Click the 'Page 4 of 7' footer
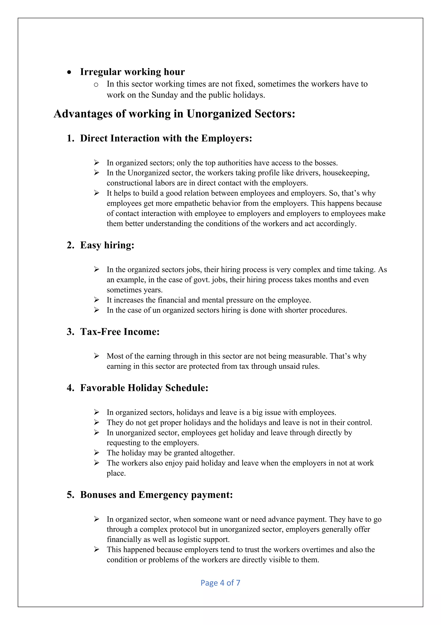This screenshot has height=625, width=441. coord(220,583)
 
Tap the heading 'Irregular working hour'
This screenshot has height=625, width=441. coord(132,72)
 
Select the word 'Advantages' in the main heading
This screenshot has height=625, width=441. coord(83,114)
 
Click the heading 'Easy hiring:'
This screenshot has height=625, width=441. coord(107,245)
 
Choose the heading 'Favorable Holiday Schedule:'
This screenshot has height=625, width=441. coord(144,388)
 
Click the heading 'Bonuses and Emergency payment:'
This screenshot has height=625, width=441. coord(156,495)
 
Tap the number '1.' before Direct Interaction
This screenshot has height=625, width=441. coord(70,138)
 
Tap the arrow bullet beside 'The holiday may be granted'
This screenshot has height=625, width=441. coord(96,452)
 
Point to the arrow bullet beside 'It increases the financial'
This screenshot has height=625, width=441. coord(96,300)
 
